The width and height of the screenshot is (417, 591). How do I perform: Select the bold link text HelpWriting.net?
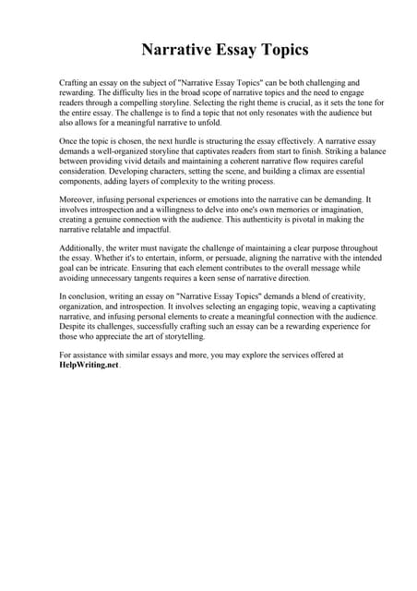click(x=89, y=366)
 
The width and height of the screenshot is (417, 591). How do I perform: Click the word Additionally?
click(x=83, y=249)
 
